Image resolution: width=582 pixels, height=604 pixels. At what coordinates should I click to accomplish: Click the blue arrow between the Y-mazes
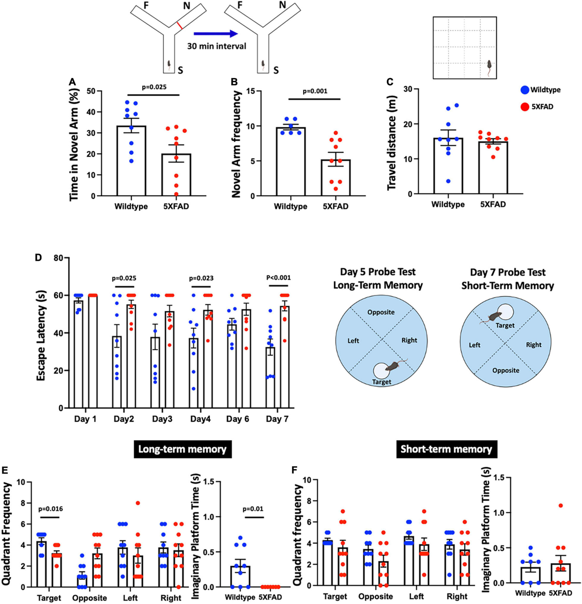click(x=216, y=34)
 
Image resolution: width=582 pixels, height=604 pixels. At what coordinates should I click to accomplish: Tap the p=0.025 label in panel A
click(x=154, y=87)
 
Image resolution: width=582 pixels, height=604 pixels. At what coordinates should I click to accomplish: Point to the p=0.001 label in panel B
click(x=315, y=91)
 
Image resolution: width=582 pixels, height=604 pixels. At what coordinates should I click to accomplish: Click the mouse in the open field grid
click(x=490, y=66)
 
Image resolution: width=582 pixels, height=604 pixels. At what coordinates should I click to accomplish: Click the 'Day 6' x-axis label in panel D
click(x=238, y=419)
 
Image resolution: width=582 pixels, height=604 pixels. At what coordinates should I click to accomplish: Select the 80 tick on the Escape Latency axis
click(x=58, y=258)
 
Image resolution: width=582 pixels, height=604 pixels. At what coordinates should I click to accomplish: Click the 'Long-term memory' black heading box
click(x=182, y=449)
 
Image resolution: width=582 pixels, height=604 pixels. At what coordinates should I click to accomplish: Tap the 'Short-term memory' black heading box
click(x=446, y=449)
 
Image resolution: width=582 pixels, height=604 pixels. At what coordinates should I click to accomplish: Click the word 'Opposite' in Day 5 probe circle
click(x=381, y=312)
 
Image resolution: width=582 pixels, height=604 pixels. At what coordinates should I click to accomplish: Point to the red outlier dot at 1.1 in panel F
click(x=561, y=506)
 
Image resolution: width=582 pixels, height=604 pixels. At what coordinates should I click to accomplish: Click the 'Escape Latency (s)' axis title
click(x=42, y=333)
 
